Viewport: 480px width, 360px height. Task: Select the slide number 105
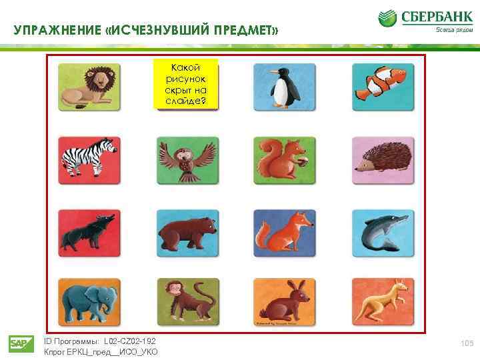pos(466,343)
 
